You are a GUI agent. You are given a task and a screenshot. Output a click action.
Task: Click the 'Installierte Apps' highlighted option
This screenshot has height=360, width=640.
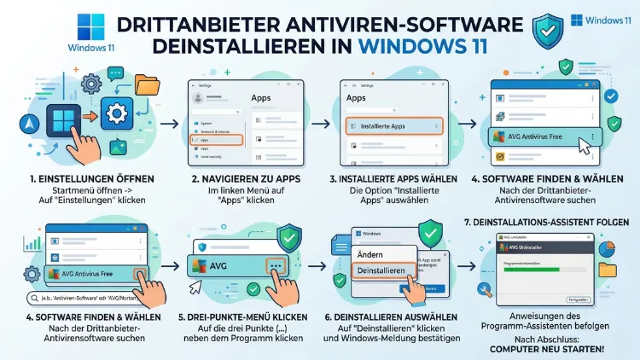click(x=391, y=126)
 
